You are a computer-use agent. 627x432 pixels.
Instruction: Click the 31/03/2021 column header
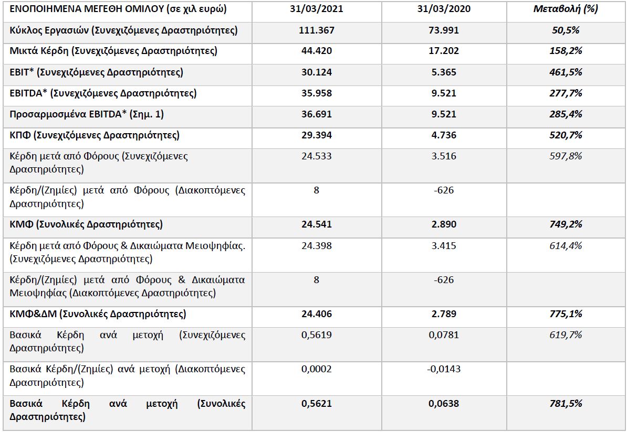point(316,9)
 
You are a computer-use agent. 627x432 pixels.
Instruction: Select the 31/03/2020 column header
point(444,9)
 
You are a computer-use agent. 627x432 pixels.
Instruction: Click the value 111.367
point(316,30)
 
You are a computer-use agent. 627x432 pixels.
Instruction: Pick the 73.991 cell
point(444,30)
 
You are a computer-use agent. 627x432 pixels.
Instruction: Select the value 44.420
point(316,51)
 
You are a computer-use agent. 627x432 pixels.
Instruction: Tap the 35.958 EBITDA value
point(316,93)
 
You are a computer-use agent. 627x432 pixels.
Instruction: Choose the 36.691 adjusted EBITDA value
point(316,114)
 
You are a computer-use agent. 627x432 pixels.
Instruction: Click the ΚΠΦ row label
point(95,135)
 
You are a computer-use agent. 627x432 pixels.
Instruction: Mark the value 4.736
point(444,135)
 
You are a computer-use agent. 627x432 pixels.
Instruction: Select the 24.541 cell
point(316,224)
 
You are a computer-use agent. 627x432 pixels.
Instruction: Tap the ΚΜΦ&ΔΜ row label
point(98,314)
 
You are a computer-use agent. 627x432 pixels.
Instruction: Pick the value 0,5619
point(316,335)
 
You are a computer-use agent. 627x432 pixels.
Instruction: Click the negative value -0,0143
point(444,369)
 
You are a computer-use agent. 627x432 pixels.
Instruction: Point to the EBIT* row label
point(96,72)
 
